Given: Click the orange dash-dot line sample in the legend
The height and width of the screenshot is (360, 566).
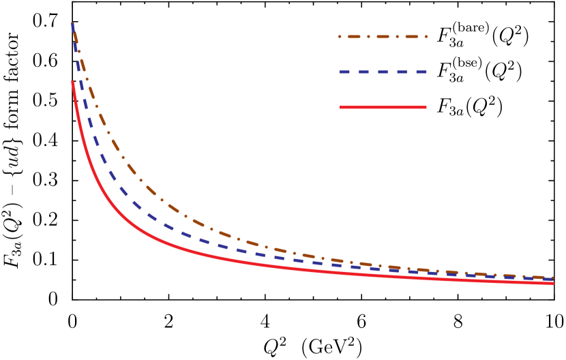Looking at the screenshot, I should pyautogui.click(x=383, y=37).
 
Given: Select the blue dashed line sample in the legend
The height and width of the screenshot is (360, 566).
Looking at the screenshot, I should pyautogui.click(x=383, y=72).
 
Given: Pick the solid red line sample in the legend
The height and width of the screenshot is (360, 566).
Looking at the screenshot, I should pyautogui.click(x=383, y=107).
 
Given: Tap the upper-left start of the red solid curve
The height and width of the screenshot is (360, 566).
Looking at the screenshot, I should pyautogui.click(x=72, y=82).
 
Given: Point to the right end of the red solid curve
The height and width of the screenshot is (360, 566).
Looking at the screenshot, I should pyautogui.click(x=553, y=283).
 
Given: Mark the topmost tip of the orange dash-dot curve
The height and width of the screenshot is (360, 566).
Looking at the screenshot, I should pyautogui.click(x=72, y=23).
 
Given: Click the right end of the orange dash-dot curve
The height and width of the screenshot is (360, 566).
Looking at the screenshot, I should pyautogui.click(x=552, y=277).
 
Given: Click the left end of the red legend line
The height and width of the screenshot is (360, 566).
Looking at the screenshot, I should pyautogui.click(x=340, y=107).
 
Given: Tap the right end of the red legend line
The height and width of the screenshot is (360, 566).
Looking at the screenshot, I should pyautogui.click(x=426, y=107).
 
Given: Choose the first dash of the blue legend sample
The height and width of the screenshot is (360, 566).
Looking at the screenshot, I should pyautogui.click(x=345, y=72).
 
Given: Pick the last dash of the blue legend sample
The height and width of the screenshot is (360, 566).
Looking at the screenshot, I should pyautogui.click(x=421, y=72).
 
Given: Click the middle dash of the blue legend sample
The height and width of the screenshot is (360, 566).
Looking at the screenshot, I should pyautogui.click(x=383, y=72).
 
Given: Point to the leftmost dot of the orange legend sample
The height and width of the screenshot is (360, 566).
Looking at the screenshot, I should pyautogui.click(x=340, y=37).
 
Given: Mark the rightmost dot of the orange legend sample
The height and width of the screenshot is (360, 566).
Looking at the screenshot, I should pyautogui.click(x=427, y=37).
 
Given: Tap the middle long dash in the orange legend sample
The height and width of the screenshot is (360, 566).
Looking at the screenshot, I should pyautogui.click(x=383, y=37).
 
